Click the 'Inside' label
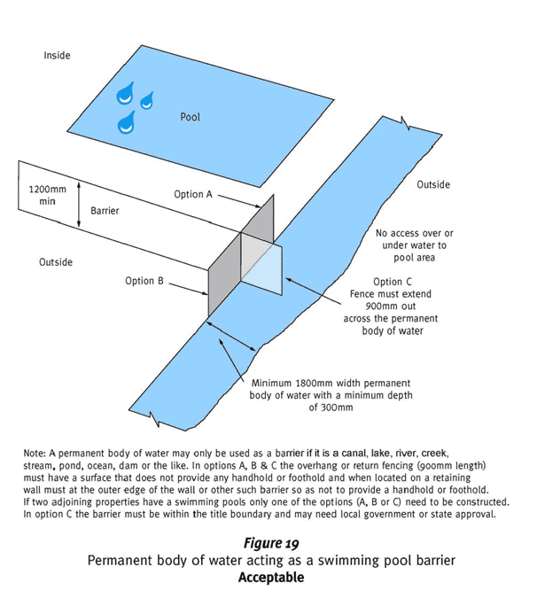pos(57,56)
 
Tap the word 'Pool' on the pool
pos(190,116)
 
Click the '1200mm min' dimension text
pos(42,195)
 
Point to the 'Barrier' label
pos(105,212)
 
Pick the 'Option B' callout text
pos(144,281)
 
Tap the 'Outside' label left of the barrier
pos(56,262)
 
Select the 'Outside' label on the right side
pos(432,184)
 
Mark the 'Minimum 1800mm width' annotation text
pos(331,395)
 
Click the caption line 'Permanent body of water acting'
pos(270,561)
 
